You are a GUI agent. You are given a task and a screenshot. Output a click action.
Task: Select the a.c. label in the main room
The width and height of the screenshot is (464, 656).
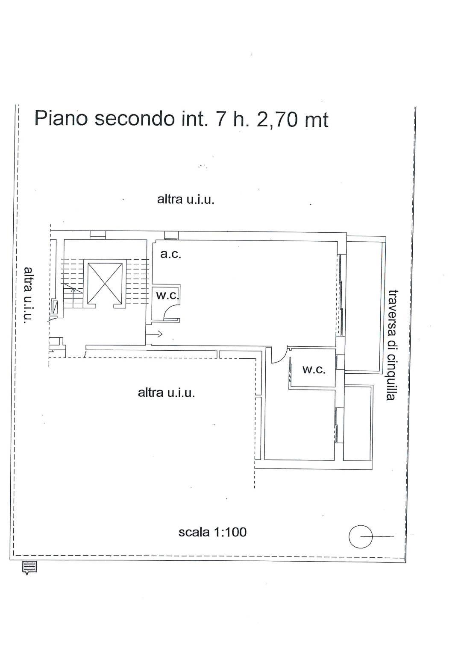pos(170,254)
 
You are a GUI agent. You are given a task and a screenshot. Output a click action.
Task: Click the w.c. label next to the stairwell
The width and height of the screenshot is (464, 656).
pos(167,296)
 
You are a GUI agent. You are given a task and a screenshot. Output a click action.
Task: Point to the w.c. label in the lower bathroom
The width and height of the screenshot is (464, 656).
pos(314,369)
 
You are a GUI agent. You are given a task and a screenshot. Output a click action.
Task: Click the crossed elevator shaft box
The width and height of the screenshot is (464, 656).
pos(105,283)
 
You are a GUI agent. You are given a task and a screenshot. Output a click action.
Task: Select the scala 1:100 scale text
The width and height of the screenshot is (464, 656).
pos(212,532)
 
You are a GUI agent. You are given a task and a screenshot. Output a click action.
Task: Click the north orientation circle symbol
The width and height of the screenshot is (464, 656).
pos(360,536)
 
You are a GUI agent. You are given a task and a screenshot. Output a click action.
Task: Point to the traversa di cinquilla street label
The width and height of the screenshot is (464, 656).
pos(392,345)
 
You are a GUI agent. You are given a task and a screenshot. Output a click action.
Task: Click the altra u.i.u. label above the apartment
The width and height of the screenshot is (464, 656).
pos(186,199)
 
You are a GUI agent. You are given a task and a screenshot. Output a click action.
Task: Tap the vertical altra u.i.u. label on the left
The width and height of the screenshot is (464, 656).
pos(29,295)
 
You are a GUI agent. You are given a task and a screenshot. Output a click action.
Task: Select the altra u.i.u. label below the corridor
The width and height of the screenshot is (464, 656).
pos(166,392)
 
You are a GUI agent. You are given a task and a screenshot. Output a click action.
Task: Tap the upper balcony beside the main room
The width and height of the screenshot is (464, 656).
pos(364,305)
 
